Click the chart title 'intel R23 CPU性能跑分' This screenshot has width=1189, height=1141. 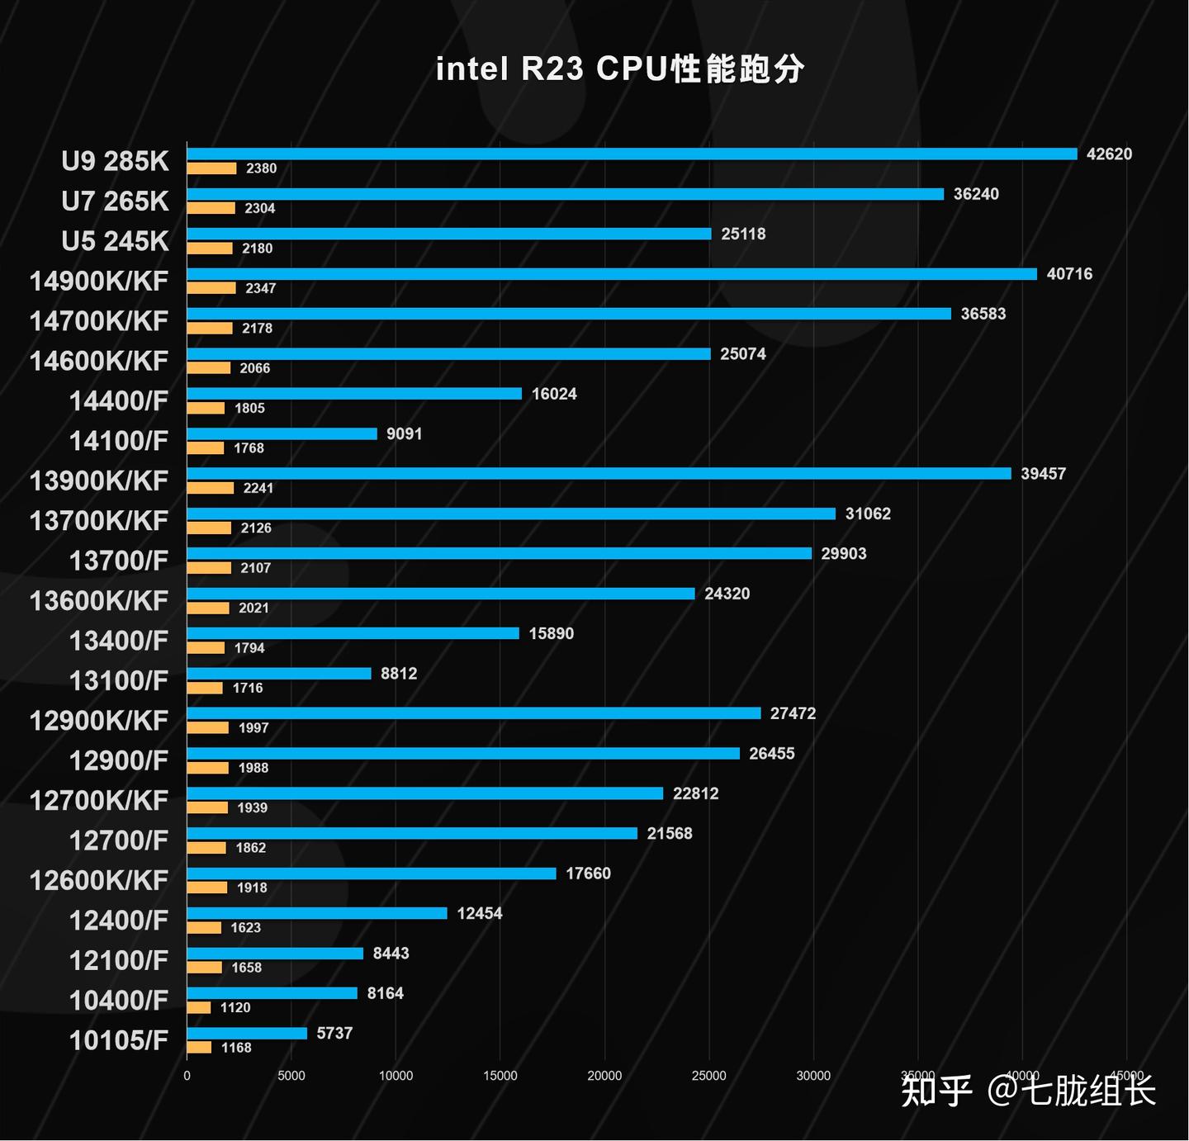[619, 69]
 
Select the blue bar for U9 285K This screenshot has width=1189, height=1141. [632, 154]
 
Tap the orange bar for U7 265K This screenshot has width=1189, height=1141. [211, 209]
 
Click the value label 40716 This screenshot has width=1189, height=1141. [1069, 274]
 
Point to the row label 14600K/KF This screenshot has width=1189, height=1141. [99, 361]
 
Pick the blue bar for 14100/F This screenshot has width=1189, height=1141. [282, 434]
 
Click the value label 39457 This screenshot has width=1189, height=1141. [1043, 474]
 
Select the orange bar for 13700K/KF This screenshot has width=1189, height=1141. [209, 528]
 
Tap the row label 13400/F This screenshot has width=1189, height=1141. [119, 641]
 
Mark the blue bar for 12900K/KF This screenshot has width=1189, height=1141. [473, 713]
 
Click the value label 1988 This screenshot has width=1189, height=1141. [253, 769]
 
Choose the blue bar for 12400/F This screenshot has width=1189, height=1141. [317, 913]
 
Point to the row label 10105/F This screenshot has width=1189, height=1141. [119, 1040]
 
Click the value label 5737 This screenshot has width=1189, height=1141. [334, 1034]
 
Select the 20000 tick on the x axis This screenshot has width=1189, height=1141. [604, 1076]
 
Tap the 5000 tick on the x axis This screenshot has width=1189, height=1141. [291, 1076]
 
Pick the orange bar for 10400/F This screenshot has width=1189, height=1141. [199, 1008]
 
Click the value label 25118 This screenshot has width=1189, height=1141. [743, 234]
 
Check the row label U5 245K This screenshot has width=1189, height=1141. [115, 241]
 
